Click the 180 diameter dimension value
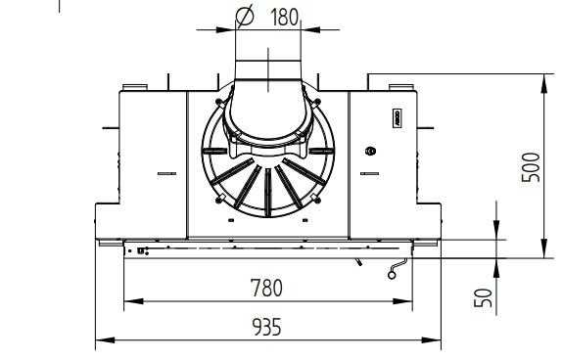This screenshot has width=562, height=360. pyautogui.click(x=284, y=17)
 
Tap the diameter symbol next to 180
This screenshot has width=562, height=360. pyautogui.click(x=245, y=16)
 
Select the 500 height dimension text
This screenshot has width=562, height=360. pyautogui.click(x=531, y=167)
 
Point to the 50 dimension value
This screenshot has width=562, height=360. pyautogui.click(x=483, y=297)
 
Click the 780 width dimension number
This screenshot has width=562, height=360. pyautogui.click(x=266, y=288)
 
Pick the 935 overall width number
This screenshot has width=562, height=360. pyautogui.click(x=266, y=327)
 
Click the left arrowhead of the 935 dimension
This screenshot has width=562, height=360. pyautogui.click(x=106, y=339)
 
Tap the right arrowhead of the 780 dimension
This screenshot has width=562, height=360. pyautogui.click(x=402, y=301)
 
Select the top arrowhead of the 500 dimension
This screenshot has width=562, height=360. pyautogui.click(x=544, y=84)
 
